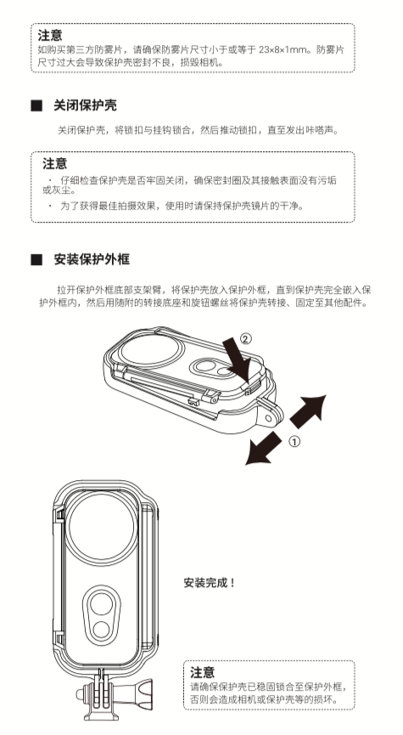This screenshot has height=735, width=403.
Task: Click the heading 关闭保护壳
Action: pyautogui.click(x=87, y=105)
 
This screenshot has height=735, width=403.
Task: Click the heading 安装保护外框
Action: pyautogui.click(x=92, y=258)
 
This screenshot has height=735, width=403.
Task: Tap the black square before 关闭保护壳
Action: pyautogui.click(x=36, y=105)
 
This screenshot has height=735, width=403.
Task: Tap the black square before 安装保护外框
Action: pyautogui.click(x=36, y=258)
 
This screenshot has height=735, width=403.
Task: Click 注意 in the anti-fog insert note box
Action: pyautogui.click(x=50, y=35)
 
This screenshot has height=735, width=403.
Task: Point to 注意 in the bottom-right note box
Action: pyautogui.click(x=203, y=671)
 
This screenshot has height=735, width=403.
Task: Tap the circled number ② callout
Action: pyautogui.click(x=245, y=338)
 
